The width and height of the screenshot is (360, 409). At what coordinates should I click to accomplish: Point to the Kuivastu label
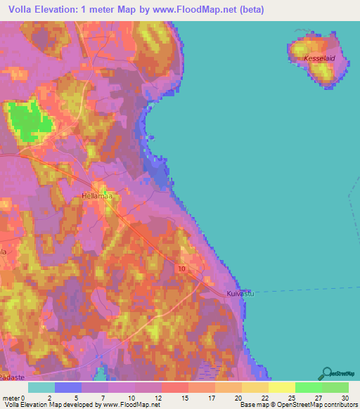pyautogui.click(x=240, y=294)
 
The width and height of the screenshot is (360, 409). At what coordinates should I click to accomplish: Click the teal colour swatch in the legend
pyautogui.click(x=41, y=387)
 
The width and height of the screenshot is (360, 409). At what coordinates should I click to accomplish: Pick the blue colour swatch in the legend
pyautogui.click(x=68, y=387)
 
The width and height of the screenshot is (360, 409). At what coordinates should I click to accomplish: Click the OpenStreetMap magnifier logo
pyautogui.click(x=326, y=374)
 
